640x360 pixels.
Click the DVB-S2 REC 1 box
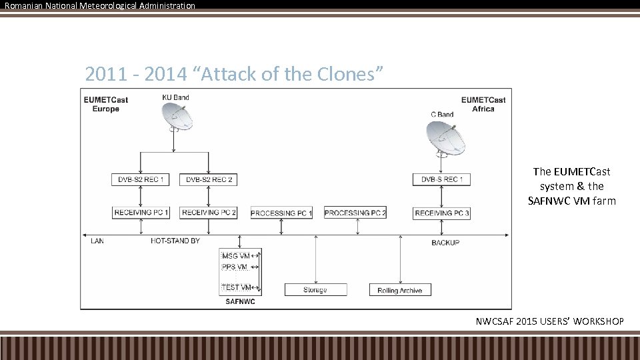click(x=141, y=179)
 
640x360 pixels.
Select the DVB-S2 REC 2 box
click(x=209, y=179)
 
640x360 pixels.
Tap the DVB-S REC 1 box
click(x=442, y=179)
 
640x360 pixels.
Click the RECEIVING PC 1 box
click(x=141, y=213)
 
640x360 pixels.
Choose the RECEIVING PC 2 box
click(x=209, y=213)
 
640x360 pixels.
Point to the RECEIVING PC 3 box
click(x=442, y=213)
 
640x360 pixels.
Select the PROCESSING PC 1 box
click(x=281, y=213)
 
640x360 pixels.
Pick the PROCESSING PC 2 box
click(x=355, y=213)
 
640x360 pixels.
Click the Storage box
click(x=315, y=290)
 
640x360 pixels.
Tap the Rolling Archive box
click(x=400, y=290)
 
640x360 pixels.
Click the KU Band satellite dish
click(x=177, y=119)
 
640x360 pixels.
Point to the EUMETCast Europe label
click(x=105, y=105)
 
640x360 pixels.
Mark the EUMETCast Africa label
click(x=483, y=105)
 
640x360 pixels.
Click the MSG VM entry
click(x=236, y=256)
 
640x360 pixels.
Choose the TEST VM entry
click(x=236, y=287)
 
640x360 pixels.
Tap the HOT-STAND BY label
click(x=175, y=241)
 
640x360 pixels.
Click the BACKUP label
click(x=445, y=243)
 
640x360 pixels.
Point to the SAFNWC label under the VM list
click(x=240, y=302)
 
